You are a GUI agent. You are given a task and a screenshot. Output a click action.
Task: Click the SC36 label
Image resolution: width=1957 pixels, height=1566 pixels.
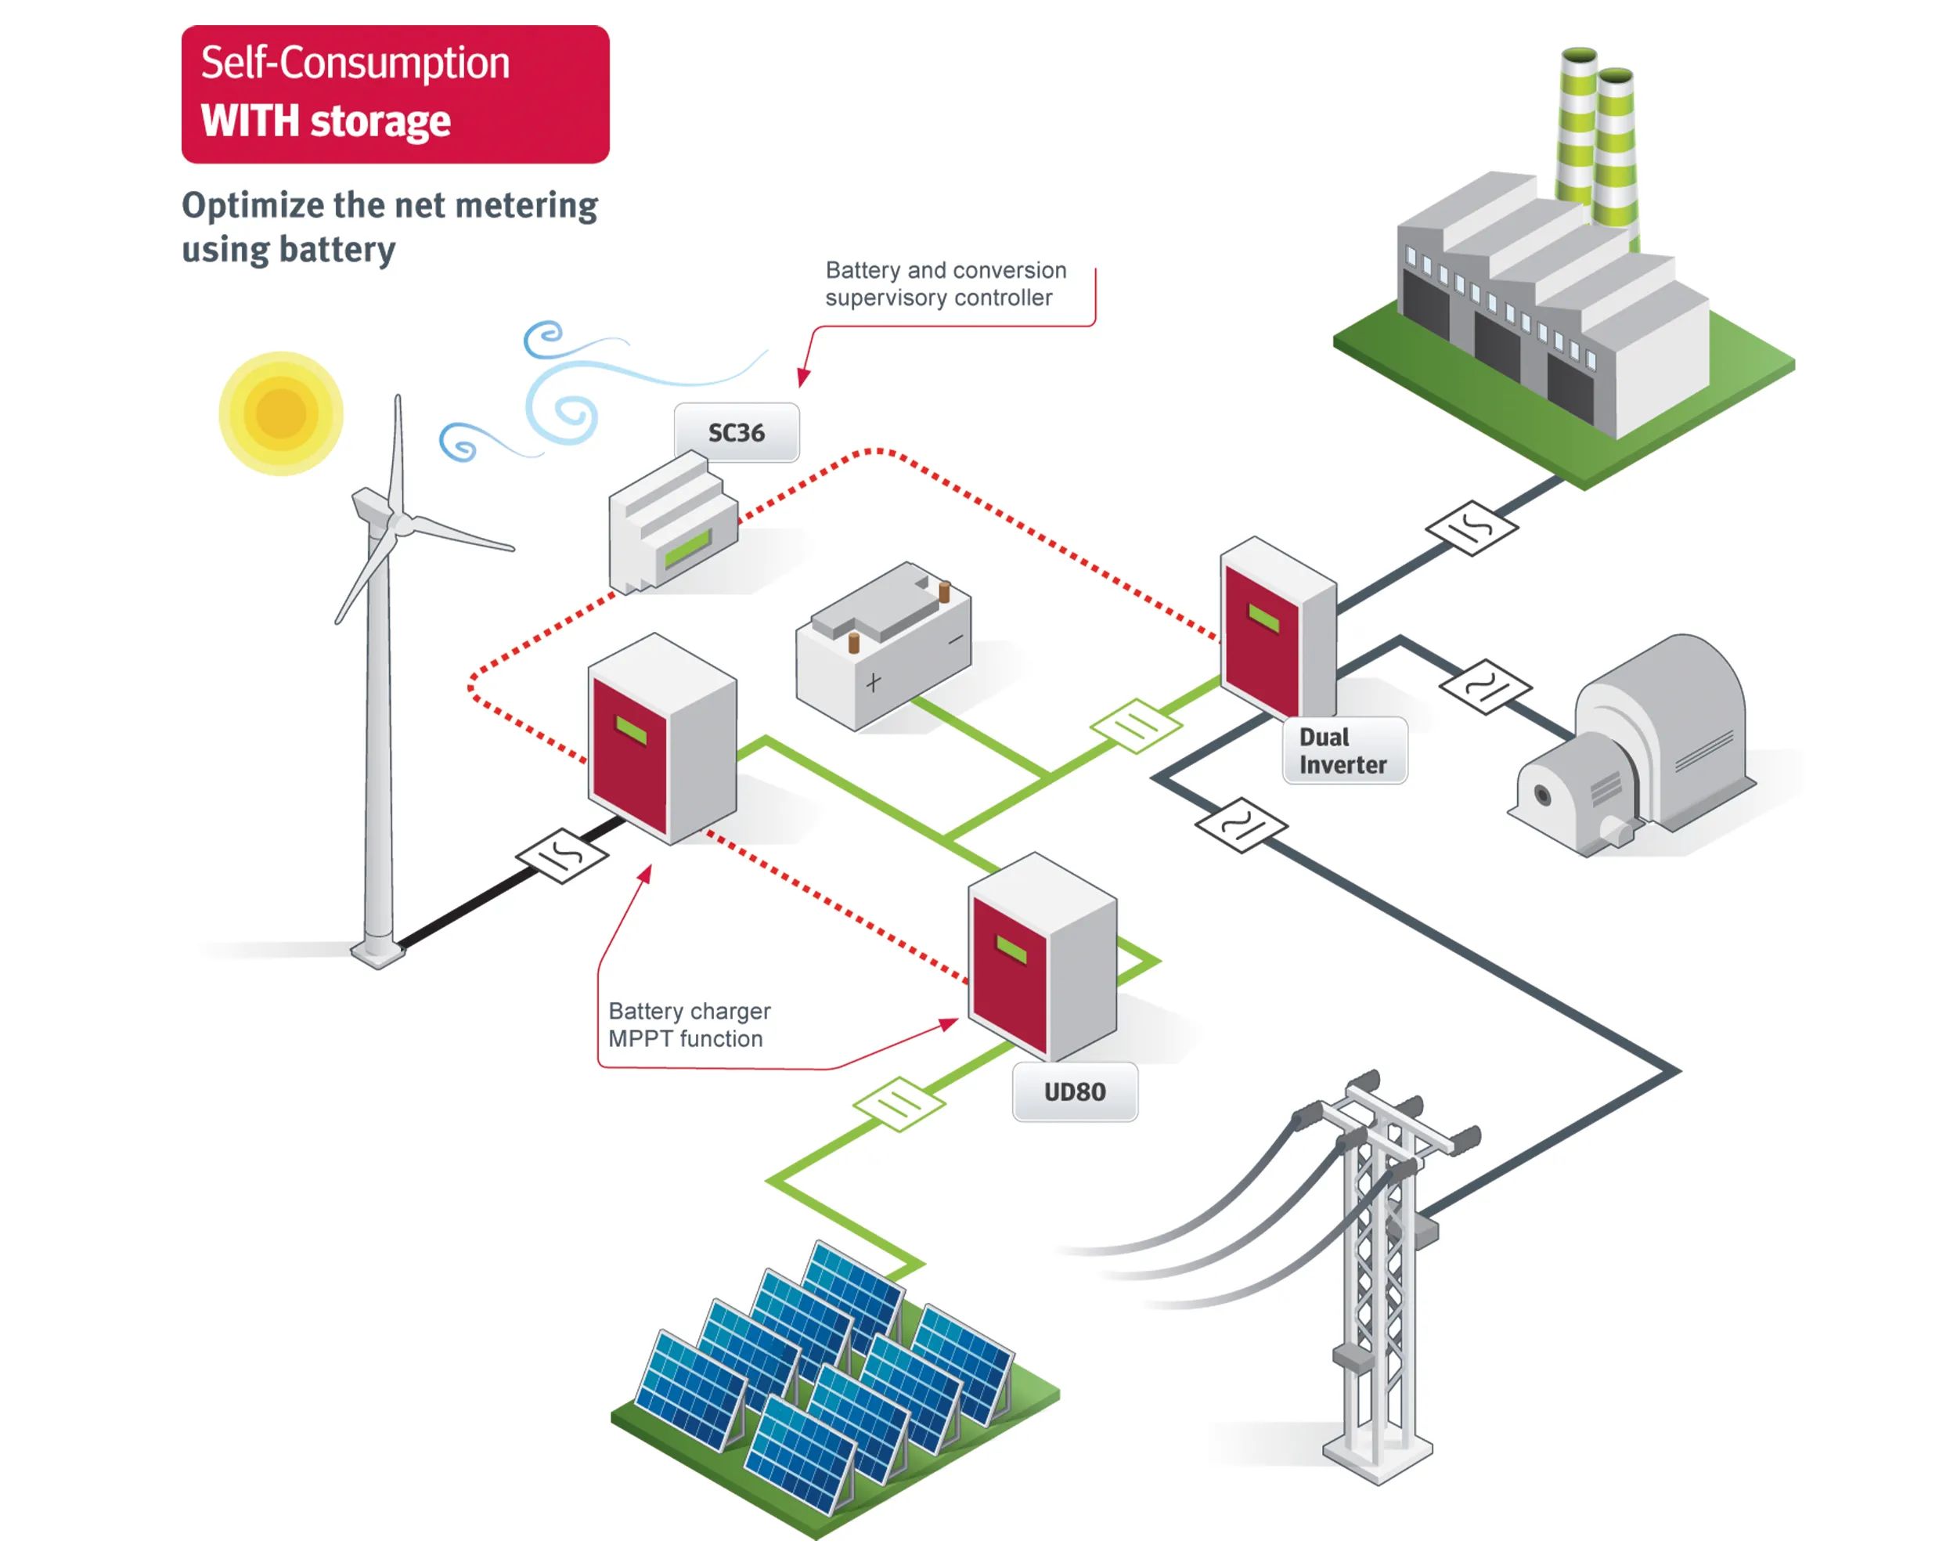tap(736, 433)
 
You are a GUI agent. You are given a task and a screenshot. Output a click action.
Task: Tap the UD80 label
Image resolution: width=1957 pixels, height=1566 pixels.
tap(1075, 1092)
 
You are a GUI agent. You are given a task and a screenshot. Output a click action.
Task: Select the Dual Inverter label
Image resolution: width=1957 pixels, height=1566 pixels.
tap(1343, 751)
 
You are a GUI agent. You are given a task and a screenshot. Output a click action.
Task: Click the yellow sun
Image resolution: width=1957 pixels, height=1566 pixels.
tap(280, 413)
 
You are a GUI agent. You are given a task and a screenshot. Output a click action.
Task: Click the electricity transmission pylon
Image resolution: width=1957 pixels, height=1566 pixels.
tap(1378, 1271)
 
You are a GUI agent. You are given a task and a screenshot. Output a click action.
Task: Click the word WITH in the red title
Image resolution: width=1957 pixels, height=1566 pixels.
tap(250, 121)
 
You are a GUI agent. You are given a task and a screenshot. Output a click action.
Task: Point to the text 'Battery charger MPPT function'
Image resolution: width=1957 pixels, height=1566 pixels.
tap(689, 1025)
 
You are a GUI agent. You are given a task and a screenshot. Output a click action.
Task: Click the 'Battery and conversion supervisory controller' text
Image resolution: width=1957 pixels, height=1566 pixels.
tap(945, 284)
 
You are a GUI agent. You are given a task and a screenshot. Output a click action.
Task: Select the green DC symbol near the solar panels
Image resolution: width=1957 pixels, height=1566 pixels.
tap(899, 1104)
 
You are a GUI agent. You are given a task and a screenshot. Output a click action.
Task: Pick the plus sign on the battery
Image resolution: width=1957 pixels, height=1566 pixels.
tap(873, 683)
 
